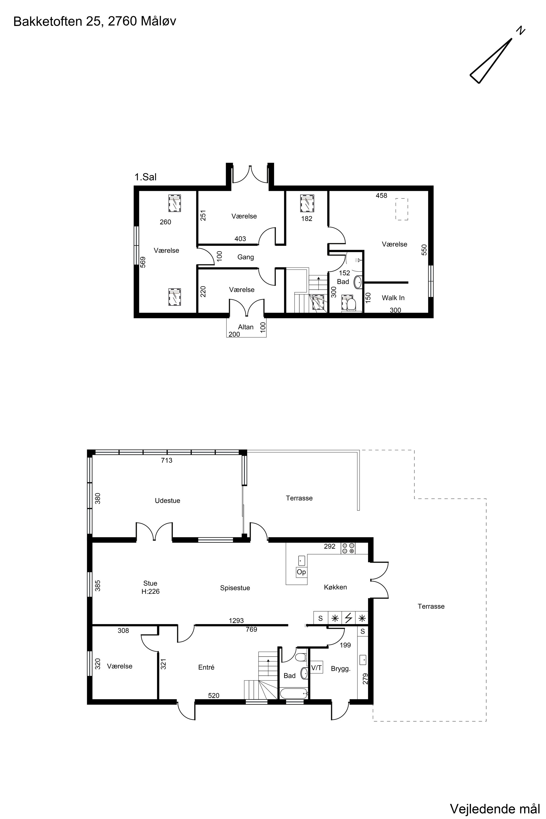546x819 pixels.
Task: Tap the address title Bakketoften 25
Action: coord(57,22)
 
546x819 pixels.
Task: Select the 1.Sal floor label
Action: coord(146,177)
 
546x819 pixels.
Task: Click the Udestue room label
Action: coord(168,500)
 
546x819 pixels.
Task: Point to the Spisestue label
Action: coord(235,588)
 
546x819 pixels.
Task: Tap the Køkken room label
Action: coord(335,587)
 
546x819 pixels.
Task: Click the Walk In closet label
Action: coord(393,298)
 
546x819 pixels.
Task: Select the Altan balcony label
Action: coord(246,327)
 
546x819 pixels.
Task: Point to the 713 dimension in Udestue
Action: coord(167,460)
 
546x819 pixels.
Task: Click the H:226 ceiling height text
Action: coord(150,591)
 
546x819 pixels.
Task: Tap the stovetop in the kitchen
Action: coord(348,548)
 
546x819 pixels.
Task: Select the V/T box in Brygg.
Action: coord(316,667)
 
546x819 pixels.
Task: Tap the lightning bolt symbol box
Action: coord(349,618)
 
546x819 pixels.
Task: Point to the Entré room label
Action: coord(206,667)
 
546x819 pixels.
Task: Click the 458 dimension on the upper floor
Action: coord(381,196)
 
